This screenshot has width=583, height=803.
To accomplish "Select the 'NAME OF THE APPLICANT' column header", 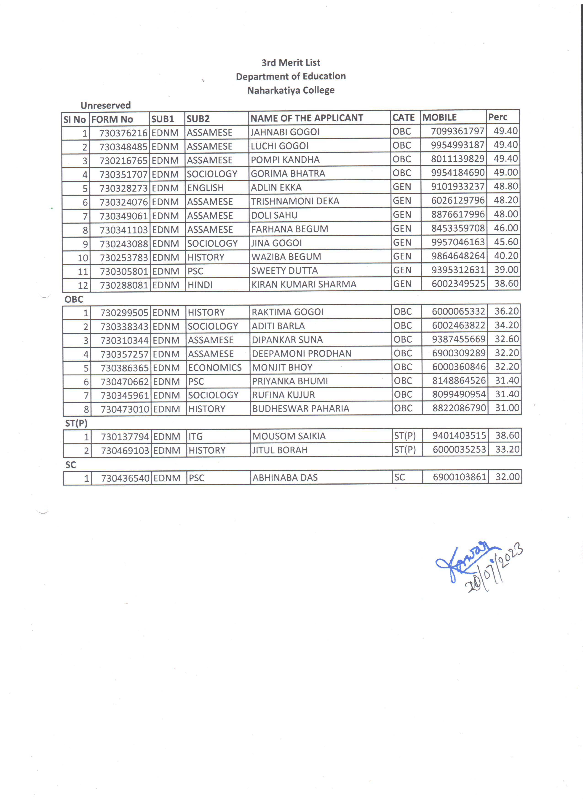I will click(307, 118).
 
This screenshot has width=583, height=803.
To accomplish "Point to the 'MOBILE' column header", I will click(439, 117).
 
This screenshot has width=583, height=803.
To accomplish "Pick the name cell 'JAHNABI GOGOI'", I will click(285, 132).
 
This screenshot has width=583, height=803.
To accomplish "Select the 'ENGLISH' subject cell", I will click(205, 188).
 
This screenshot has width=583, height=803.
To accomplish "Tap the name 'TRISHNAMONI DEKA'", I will click(295, 201).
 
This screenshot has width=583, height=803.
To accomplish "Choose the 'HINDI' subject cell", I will click(200, 285).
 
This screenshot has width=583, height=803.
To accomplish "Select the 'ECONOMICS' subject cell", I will click(215, 368).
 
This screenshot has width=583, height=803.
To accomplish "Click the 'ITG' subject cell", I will click(195, 437).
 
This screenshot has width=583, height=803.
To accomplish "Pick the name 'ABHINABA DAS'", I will click(285, 478).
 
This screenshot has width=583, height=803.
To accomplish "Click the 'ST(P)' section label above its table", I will click(76, 423).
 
